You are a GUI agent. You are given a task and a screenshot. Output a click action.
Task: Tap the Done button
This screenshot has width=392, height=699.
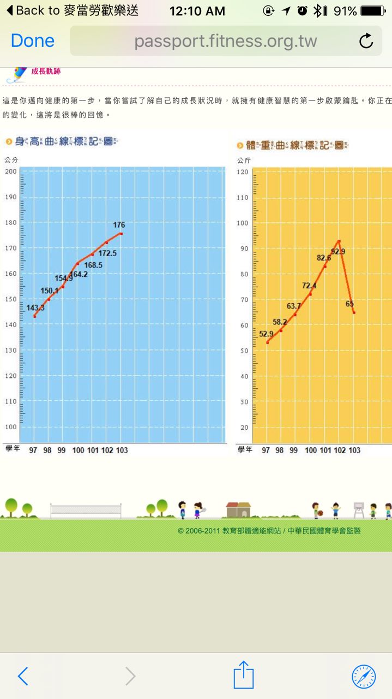33,41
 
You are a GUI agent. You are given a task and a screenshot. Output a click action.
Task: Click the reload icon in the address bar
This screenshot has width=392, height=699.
366,41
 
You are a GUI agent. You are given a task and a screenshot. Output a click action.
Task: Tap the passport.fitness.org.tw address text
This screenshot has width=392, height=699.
225,41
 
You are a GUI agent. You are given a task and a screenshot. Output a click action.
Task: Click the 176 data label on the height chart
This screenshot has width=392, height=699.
119,224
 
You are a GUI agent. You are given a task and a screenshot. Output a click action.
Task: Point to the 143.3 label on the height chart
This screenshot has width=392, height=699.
35,308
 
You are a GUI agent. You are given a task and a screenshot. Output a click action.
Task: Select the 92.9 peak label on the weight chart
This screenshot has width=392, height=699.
338,252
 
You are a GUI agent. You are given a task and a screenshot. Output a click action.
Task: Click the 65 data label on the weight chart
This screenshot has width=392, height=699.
350,304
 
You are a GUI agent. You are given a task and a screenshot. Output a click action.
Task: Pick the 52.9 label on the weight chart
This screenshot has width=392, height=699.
266,334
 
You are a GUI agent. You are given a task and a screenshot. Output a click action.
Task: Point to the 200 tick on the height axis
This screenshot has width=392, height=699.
11,171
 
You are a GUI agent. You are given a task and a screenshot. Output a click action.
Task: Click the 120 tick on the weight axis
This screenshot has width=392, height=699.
243,172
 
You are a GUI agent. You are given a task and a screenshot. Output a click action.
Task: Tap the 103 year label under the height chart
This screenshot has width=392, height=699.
122,450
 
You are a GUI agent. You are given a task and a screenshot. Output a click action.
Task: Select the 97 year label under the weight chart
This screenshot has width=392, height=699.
266,450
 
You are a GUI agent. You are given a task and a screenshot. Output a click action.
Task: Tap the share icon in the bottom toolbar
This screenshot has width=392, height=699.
244,676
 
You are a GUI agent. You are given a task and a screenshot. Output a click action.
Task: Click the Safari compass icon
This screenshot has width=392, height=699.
364,677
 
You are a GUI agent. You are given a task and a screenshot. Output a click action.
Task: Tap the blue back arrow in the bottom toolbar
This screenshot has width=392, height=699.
23,677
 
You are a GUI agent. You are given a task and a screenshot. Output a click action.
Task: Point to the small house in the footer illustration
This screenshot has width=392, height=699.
238,510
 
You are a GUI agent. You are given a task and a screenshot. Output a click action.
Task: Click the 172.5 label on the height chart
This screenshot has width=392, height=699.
107,253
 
